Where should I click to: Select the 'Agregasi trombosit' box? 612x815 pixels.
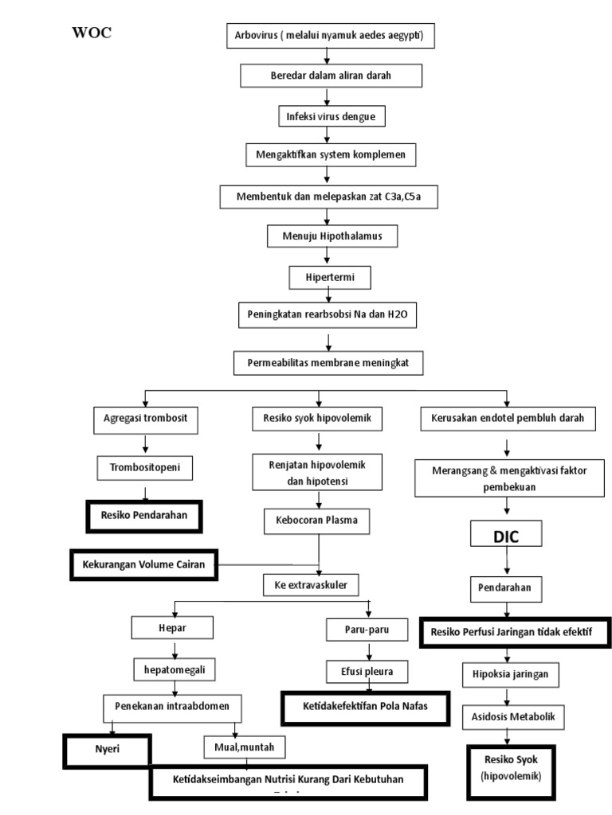tap(145, 418)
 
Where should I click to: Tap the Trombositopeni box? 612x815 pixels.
tap(145, 467)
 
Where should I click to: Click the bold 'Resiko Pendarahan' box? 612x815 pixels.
tap(144, 515)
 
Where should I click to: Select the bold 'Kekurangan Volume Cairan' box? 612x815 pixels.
tap(143, 565)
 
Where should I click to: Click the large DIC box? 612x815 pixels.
tap(505, 536)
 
